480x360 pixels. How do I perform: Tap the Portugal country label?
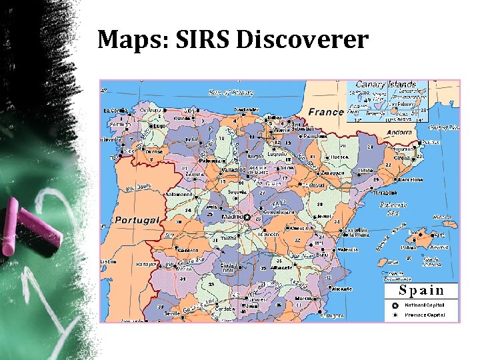point(137,220)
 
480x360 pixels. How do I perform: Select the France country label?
point(326,111)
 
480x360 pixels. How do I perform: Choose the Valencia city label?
point(349,249)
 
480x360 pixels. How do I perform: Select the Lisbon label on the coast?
point(108,262)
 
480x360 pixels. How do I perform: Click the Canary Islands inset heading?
point(385,85)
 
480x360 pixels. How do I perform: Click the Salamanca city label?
point(179,195)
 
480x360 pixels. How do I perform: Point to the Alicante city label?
point(341,289)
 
